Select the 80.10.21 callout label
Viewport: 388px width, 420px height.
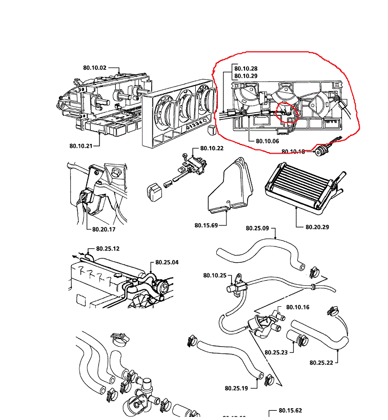(x=80, y=146)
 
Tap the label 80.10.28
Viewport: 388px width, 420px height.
(x=246, y=68)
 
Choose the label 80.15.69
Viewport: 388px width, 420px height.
(x=207, y=225)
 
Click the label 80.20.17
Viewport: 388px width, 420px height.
(x=105, y=229)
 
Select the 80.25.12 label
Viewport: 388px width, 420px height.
(x=108, y=248)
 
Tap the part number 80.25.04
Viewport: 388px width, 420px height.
(x=167, y=262)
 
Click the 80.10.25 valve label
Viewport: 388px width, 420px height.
(x=214, y=275)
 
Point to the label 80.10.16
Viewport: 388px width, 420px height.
(x=298, y=307)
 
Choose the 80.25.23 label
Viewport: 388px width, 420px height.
(x=276, y=352)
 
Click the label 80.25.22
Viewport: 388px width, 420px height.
(x=321, y=363)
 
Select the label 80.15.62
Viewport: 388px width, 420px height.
(x=290, y=410)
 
